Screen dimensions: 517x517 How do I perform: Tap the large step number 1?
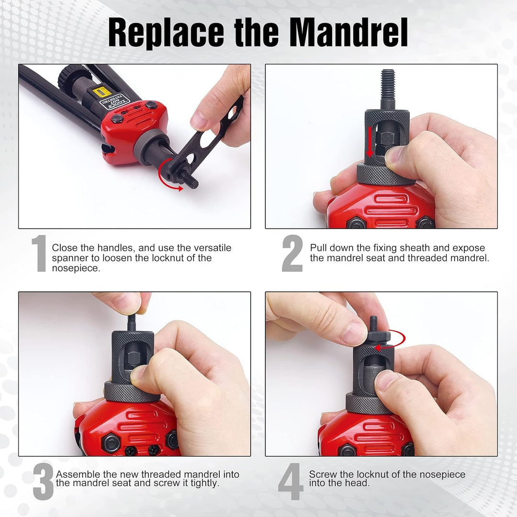(39, 254)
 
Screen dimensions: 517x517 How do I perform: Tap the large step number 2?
(292, 254)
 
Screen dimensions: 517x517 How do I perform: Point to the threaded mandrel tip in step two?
(388, 84)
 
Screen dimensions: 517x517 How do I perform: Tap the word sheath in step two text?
(434, 248)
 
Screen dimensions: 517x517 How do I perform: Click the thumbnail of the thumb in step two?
(395, 156)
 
